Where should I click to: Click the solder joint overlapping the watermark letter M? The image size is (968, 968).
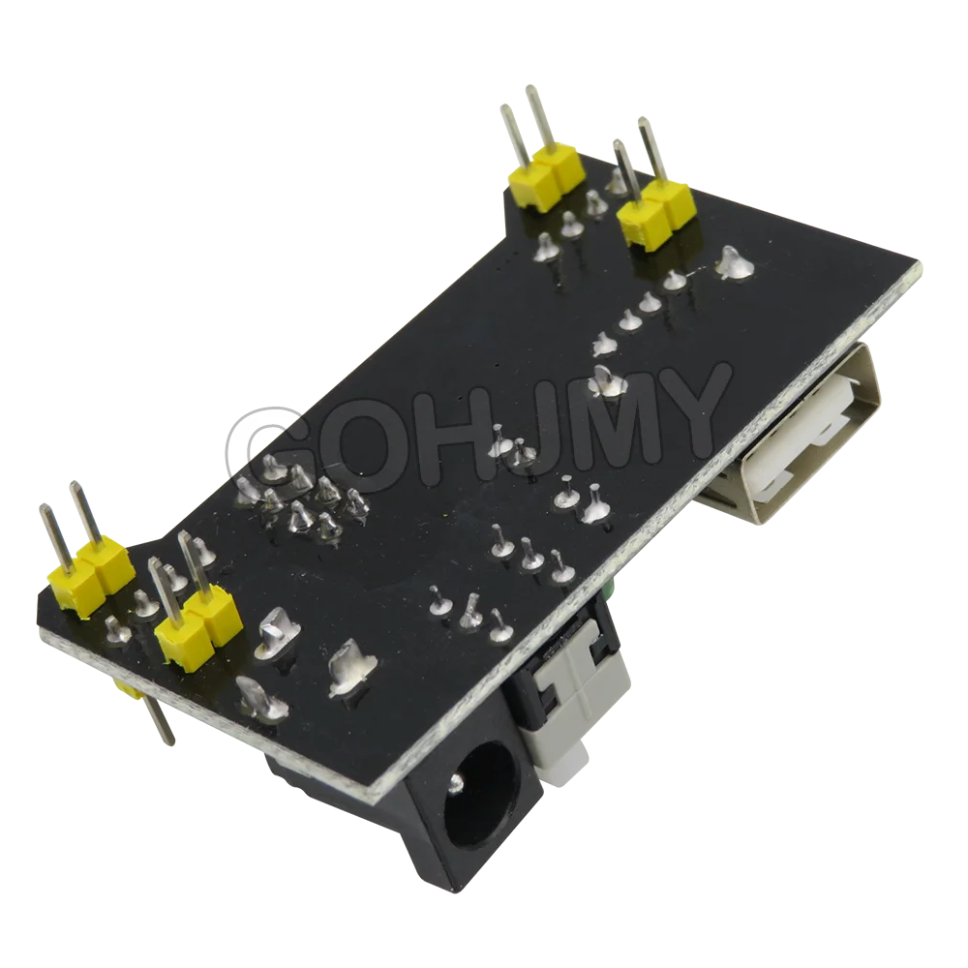tap(602, 379)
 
